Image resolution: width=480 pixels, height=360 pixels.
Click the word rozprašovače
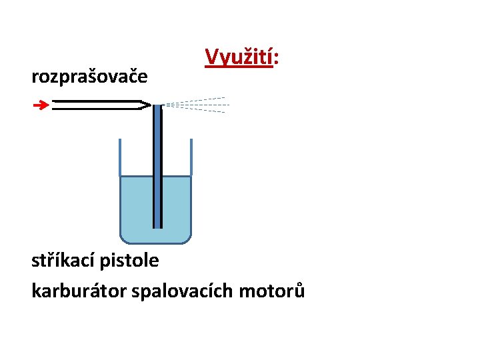[89, 77]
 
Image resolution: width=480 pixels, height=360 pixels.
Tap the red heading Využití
[238, 57]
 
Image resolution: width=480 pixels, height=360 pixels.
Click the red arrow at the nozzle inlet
[41, 105]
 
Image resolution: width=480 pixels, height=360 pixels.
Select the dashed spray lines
[197, 105]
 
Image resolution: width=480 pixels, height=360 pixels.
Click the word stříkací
[64, 260]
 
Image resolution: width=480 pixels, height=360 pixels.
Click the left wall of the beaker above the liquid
[120, 157]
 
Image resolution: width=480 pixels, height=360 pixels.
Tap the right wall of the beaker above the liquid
[191, 157]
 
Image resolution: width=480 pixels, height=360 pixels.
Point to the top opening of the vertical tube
[157, 107]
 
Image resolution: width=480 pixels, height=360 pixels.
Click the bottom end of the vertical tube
[157, 226]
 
